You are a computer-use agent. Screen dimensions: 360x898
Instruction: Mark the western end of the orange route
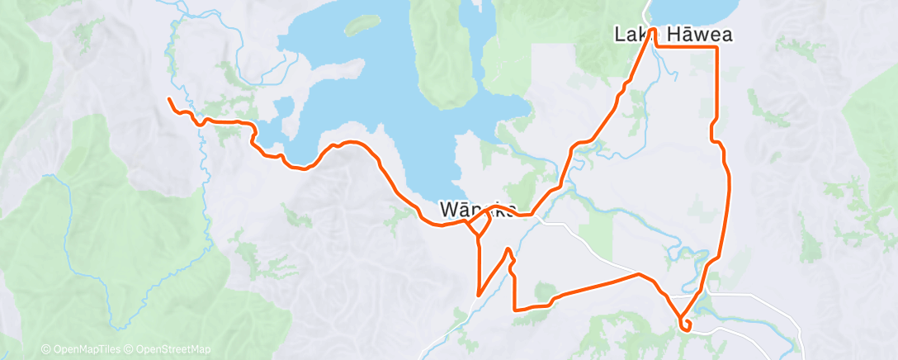tap(168, 99)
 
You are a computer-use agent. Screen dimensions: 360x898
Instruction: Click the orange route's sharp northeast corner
tap(716, 48)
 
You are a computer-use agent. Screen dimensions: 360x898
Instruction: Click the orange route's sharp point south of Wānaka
tap(479, 294)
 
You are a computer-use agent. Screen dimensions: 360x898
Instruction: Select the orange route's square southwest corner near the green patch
tap(515, 310)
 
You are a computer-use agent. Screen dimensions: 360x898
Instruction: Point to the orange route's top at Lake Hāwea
tap(653, 30)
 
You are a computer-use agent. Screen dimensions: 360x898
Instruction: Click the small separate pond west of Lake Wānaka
tap(284, 107)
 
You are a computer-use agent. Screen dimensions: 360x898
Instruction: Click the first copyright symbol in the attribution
tap(45, 350)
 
